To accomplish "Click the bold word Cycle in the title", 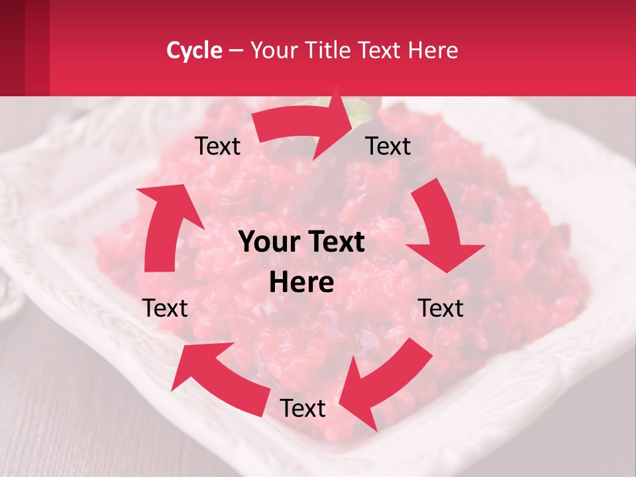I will pyautogui.click(x=194, y=50).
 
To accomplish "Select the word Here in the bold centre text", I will pyautogui.click(x=301, y=283).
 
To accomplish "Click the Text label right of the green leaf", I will pyautogui.click(x=388, y=146).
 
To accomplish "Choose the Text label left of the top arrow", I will pyautogui.click(x=217, y=146).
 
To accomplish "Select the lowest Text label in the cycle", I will pyautogui.click(x=303, y=408).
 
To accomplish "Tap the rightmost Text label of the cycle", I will pyautogui.click(x=441, y=308).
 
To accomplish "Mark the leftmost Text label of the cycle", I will pyautogui.click(x=165, y=308).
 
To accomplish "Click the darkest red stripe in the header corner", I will pyautogui.click(x=12, y=48).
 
